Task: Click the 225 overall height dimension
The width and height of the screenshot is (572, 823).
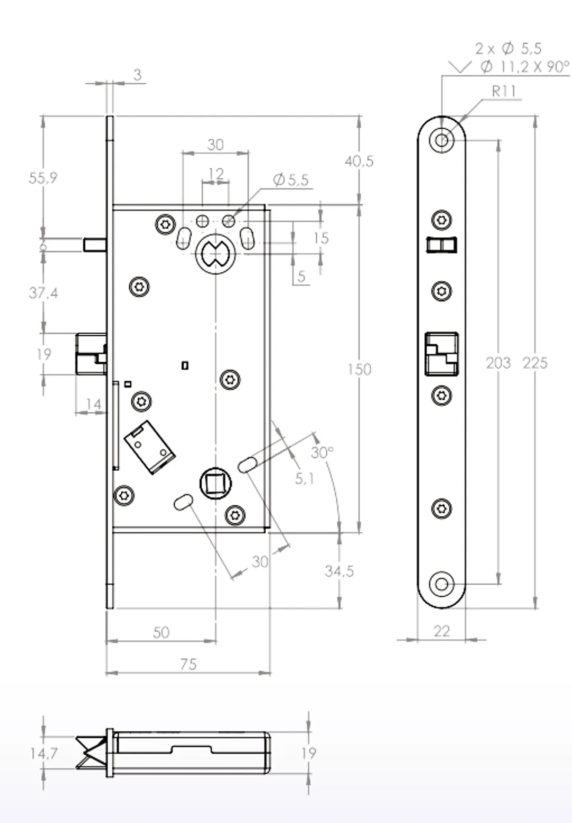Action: point(535,363)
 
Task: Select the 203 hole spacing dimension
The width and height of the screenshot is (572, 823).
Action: point(498,363)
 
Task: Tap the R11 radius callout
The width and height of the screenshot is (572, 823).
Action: point(504,92)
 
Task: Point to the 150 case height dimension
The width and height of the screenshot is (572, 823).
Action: point(359,369)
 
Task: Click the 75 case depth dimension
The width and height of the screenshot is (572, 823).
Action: point(189,664)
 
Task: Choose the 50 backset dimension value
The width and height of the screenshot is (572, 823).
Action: point(161,632)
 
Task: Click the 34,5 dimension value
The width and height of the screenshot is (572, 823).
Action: point(339,571)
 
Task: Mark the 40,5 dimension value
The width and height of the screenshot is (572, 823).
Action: point(359,161)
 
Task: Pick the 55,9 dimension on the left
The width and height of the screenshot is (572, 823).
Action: point(43,178)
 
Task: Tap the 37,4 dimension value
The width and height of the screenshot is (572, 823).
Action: point(43,293)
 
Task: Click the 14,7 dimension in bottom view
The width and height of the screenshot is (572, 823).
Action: point(43,753)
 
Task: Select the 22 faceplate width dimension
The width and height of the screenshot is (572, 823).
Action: point(442,631)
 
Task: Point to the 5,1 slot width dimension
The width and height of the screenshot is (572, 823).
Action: point(305,479)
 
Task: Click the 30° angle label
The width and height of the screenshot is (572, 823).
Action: point(322,453)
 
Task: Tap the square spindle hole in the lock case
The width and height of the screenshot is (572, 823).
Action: point(216,484)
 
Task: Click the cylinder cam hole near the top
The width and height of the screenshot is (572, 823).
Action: point(215,254)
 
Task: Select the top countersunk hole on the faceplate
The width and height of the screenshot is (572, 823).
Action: point(442,141)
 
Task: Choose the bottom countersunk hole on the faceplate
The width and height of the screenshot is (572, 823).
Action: point(442,585)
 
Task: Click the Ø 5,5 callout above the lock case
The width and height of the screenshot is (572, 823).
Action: point(291,180)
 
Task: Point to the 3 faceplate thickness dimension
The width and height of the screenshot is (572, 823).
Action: point(138,75)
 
